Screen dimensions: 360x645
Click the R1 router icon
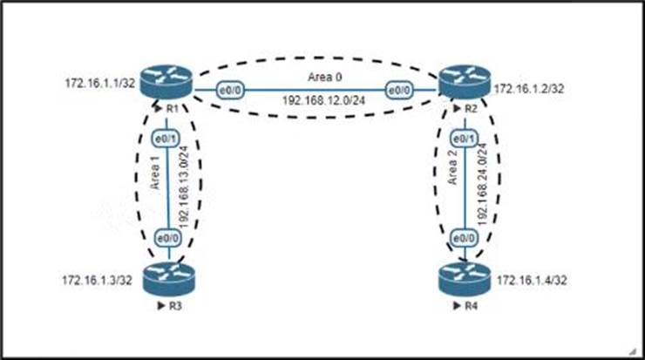coord(170,85)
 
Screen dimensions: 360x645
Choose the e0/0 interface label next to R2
coord(399,89)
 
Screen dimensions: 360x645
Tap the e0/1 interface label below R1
coord(164,139)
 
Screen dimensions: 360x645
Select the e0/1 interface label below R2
coord(463,139)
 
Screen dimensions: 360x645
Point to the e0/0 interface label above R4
coord(463,237)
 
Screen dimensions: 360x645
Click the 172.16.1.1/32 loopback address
coord(98,85)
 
